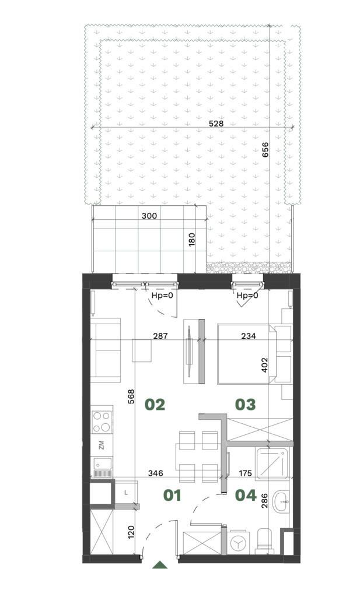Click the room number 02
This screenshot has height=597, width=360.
(155, 405)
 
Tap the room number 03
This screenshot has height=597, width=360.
(245, 405)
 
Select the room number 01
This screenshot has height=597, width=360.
(172, 496)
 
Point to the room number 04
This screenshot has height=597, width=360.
(246, 496)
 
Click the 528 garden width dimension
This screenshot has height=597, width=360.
(216, 124)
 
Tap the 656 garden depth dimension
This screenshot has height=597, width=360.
(265, 150)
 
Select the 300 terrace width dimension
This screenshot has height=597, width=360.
(149, 216)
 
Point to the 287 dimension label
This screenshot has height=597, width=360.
(160, 336)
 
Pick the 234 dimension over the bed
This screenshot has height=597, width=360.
(249, 336)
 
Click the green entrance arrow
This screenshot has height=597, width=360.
(160, 565)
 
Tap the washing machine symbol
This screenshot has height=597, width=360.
(239, 543)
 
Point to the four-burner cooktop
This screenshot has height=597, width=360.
(102, 422)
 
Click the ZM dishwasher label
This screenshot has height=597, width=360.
(102, 445)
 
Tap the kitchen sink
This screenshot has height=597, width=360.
(103, 468)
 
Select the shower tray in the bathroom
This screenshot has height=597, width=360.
(272, 463)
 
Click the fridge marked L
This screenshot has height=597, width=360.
(125, 493)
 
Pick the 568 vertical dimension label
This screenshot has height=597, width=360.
(131, 396)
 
